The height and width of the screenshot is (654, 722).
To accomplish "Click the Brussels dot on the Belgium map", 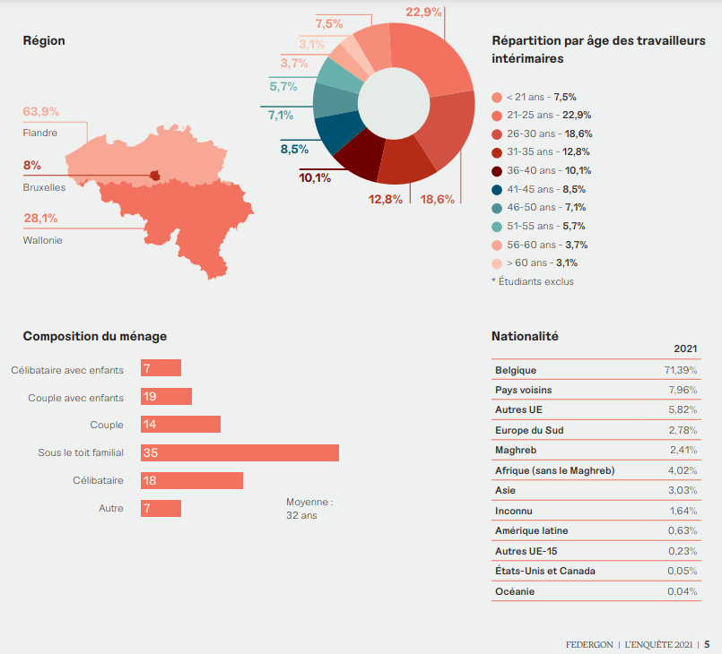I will click(154, 176).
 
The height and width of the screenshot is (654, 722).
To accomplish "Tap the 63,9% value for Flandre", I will click(41, 112).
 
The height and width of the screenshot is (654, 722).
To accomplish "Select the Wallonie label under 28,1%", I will click(42, 240).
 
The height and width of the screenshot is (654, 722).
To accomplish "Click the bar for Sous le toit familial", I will click(239, 453).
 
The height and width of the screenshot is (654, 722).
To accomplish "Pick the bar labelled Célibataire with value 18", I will click(192, 481).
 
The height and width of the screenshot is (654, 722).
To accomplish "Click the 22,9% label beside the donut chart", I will click(423, 12).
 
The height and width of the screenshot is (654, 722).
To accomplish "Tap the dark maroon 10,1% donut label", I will click(315, 177).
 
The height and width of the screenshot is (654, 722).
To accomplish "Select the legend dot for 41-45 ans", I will click(497, 189).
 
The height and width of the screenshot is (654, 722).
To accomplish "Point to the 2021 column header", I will click(686, 349).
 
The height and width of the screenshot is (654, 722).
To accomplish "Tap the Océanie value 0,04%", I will click(683, 591).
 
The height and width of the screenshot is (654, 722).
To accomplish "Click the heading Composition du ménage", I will click(94, 336).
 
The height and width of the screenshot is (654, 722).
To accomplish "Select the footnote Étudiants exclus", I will click(533, 281).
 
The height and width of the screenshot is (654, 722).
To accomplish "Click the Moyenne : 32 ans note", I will click(309, 509).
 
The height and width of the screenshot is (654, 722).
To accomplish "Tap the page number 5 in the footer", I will click(707, 643).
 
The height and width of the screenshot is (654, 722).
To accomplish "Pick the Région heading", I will click(44, 40).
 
